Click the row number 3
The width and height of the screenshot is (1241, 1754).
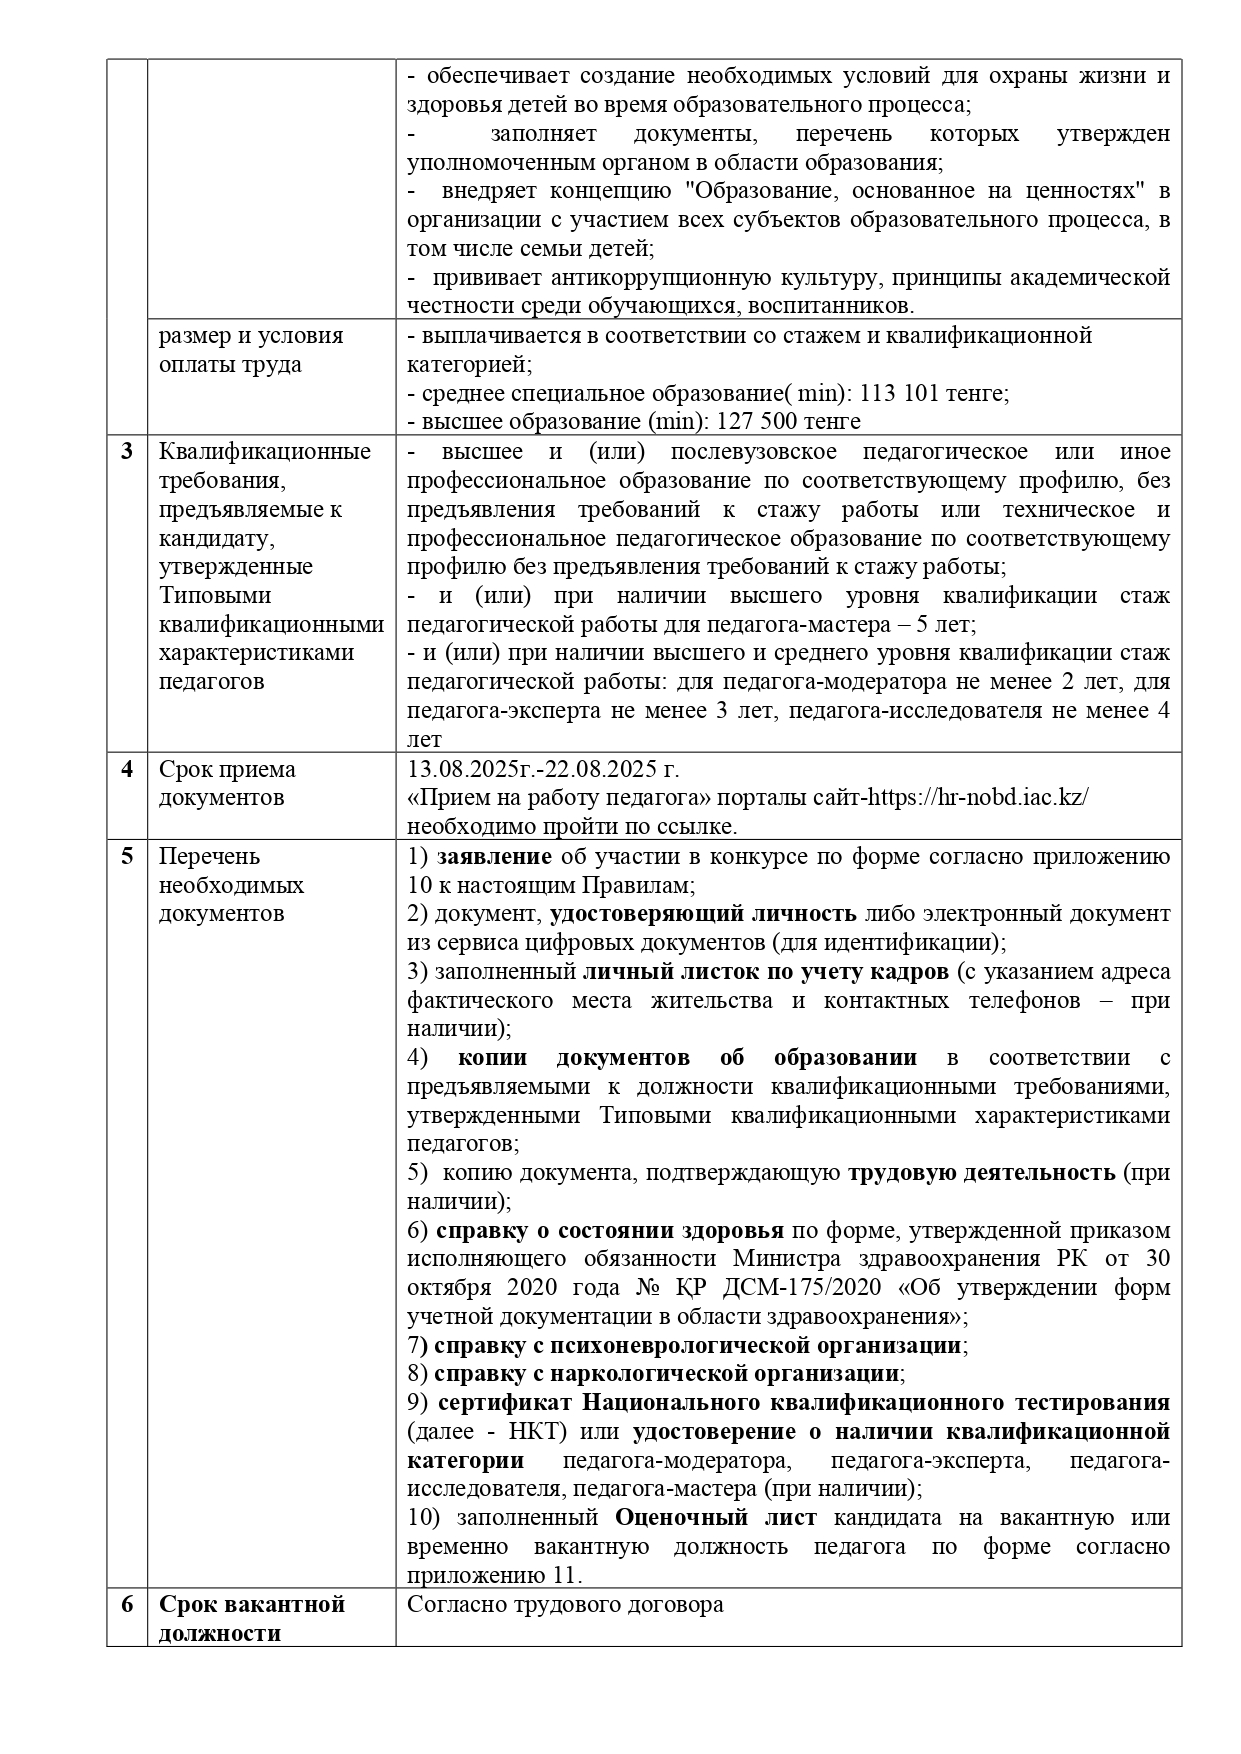127,451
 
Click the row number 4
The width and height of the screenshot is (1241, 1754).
127,770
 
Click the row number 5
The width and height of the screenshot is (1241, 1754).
127,857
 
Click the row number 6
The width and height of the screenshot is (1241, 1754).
127,1604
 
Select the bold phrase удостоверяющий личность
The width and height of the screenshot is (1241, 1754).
703,914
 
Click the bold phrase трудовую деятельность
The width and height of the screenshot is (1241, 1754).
982,1173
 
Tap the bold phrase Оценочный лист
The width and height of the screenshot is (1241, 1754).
715,1518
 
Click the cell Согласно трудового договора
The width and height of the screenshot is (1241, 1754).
565,1605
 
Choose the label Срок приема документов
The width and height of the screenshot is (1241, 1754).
227,784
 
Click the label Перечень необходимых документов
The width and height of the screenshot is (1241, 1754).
231,885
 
